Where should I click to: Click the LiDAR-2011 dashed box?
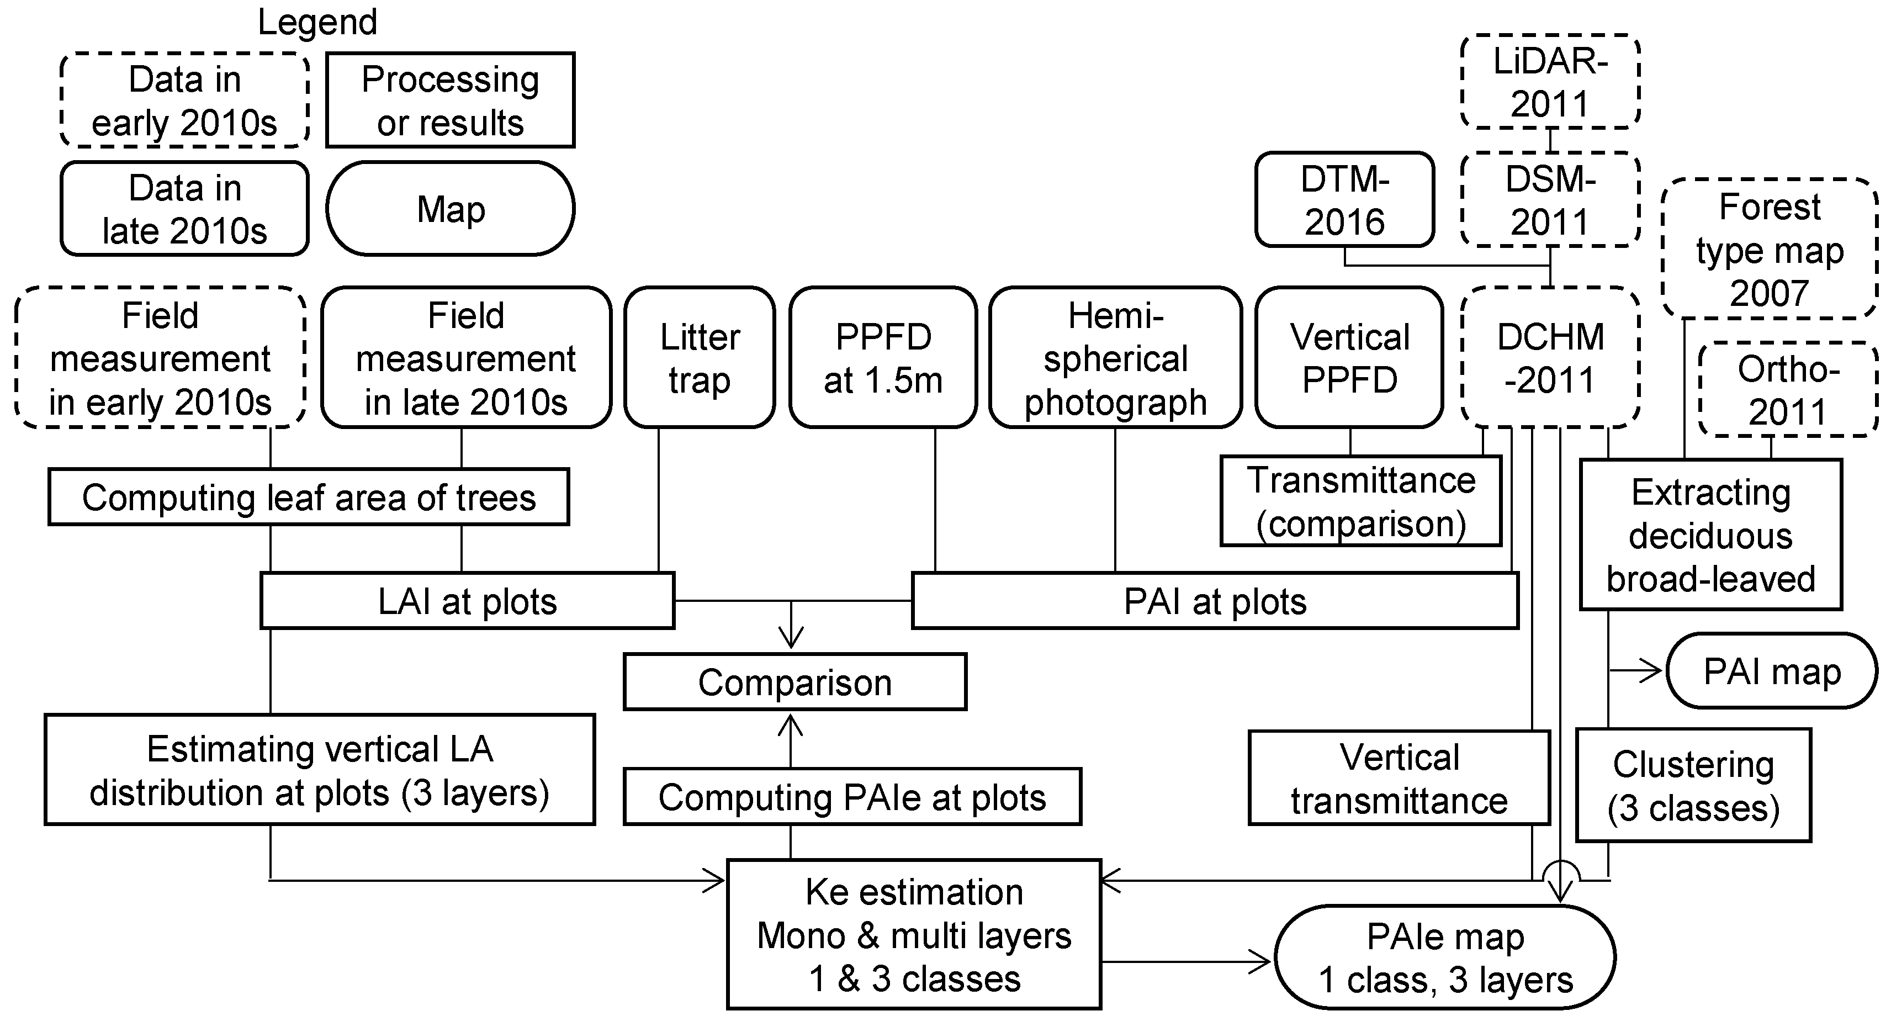pyautogui.click(x=1550, y=82)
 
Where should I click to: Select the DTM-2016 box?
pyautogui.click(x=1344, y=200)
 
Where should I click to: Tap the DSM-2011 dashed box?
pyautogui.click(x=1550, y=200)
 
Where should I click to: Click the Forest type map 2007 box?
pyautogui.click(x=1769, y=249)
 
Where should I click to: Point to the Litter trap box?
pyautogui.click(x=699, y=357)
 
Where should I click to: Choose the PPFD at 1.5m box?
pyautogui.click(x=882, y=357)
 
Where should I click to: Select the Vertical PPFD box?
pyautogui.click(x=1349, y=357)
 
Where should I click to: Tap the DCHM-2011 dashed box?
pyautogui.click(x=1550, y=357)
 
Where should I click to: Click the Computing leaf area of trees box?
pyautogui.click(x=308, y=497)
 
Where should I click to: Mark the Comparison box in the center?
pyautogui.click(x=794, y=682)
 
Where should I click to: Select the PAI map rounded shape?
pyautogui.click(x=1771, y=671)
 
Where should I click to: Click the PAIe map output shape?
pyautogui.click(x=1445, y=957)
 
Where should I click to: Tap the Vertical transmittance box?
pyautogui.click(x=1399, y=778)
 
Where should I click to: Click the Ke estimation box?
pyautogui.click(x=913, y=934)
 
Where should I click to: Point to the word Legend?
pyautogui.click(x=317, y=22)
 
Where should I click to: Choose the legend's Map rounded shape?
pyautogui.click(x=450, y=209)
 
